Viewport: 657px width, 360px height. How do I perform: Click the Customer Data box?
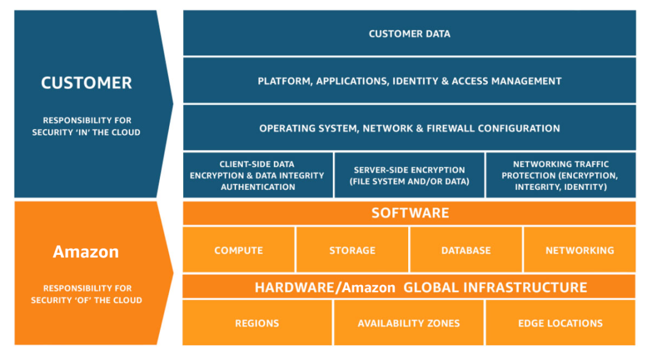pos(409,33)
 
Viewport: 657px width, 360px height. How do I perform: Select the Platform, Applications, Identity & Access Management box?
pos(409,81)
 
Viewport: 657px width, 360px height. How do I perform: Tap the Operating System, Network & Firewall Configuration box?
pos(409,128)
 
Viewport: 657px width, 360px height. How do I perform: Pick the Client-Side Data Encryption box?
pos(257,175)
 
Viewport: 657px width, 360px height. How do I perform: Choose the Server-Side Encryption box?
pos(409,175)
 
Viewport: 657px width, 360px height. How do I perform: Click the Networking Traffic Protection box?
pos(560,175)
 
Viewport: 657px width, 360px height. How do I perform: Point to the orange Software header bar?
pos(409,213)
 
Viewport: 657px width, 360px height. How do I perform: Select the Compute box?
pos(238,250)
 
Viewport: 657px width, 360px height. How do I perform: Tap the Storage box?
pos(352,250)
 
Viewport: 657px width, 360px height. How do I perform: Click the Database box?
pos(466,250)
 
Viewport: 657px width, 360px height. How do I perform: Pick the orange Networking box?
pos(579,250)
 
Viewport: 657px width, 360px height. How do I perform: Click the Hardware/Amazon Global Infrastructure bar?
pos(409,287)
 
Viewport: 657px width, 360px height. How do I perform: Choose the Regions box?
pos(257,323)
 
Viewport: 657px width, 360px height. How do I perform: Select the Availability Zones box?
pos(409,323)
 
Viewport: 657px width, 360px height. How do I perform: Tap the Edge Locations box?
pos(560,323)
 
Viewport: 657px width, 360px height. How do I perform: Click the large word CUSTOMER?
pos(86,83)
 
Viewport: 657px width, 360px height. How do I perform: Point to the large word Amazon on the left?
pos(86,252)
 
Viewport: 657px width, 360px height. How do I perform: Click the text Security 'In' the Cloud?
pos(86,132)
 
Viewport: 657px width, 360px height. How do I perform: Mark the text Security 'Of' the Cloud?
pos(86,300)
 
